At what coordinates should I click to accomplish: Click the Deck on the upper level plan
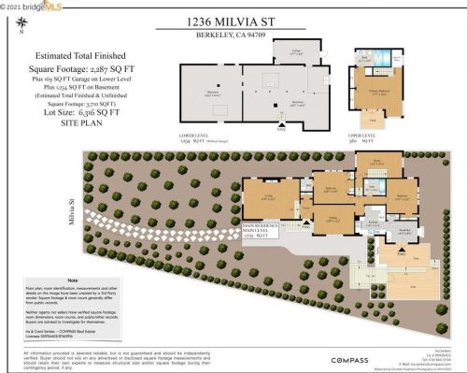click(368, 119)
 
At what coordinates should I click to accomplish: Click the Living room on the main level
click(267, 196)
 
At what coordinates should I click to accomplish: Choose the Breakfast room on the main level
click(404, 231)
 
